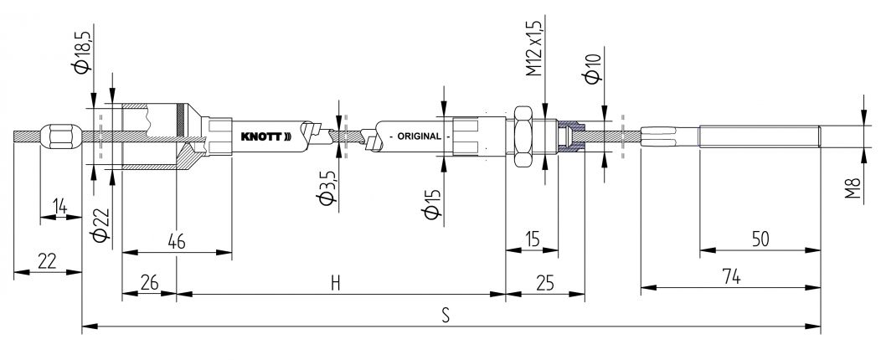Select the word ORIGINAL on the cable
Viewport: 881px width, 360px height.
point(418,136)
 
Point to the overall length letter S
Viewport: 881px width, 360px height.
point(446,316)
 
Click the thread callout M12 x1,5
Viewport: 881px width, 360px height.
point(534,50)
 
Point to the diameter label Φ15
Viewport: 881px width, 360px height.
point(430,202)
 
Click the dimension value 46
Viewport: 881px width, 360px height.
point(176,241)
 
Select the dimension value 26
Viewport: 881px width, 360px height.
point(149,283)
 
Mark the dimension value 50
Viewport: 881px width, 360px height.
point(759,239)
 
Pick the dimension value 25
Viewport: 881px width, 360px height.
point(544,283)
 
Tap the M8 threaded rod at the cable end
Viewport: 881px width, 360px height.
point(759,136)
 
